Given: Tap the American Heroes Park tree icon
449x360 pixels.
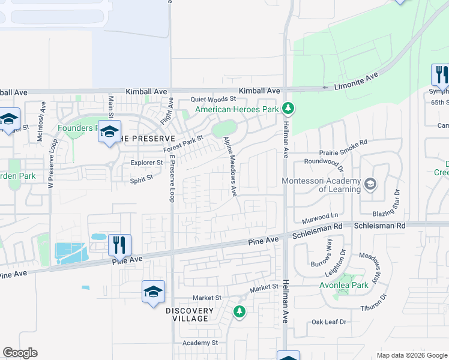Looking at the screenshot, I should [x=289, y=109].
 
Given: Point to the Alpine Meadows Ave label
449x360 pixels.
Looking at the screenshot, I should [x=231, y=166].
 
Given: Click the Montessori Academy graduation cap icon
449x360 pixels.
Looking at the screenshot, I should [x=370, y=184].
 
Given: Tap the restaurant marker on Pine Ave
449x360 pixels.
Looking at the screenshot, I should [x=119, y=245].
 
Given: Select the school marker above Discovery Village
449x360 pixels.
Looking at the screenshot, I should [x=153, y=292].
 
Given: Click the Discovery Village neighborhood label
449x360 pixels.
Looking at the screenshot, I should [x=190, y=314].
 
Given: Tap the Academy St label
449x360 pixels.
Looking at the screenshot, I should [x=200, y=343].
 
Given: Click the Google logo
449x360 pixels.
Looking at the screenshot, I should [x=20, y=353].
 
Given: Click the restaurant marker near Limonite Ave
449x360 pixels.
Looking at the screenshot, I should [x=439, y=74].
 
